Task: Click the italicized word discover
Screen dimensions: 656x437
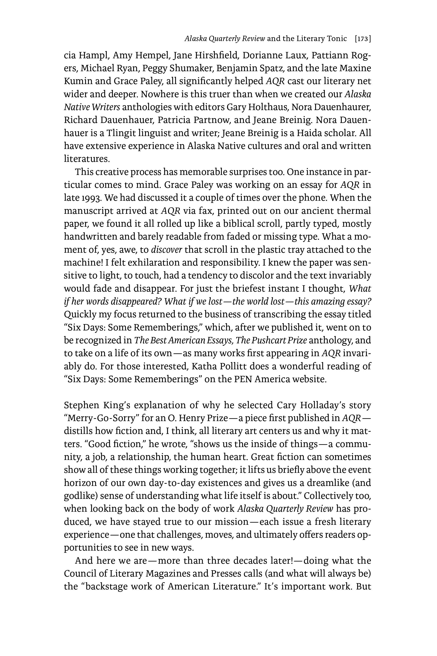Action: pyautogui.click(x=166, y=250)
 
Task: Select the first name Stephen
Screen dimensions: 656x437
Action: pyautogui.click(x=81, y=405)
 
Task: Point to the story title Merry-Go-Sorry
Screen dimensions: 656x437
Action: pyautogui.click(x=101, y=418)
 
